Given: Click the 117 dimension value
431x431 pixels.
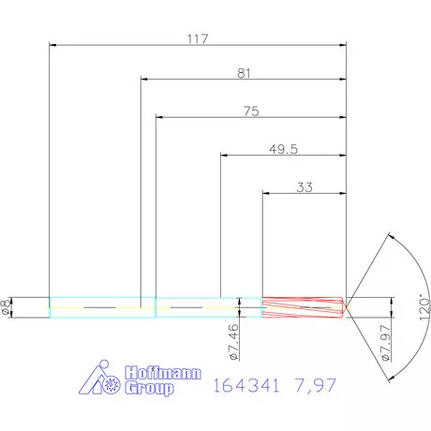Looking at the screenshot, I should click(x=198, y=38).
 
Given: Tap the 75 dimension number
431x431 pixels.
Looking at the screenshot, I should click(x=250, y=111).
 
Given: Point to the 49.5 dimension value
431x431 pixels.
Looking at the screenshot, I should click(x=283, y=148).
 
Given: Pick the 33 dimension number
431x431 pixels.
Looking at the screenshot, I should click(x=305, y=186).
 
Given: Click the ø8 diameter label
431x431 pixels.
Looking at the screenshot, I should click(x=8, y=307).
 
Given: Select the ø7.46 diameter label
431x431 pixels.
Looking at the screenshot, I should click(x=231, y=339).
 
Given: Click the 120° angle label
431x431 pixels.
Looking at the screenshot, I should click(x=423, y=307).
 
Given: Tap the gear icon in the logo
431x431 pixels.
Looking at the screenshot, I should click(x=111, y=383).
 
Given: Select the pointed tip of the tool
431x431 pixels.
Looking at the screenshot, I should click(x=348, y=307).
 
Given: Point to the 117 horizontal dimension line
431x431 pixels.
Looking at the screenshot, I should click(x=112, y=45).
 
